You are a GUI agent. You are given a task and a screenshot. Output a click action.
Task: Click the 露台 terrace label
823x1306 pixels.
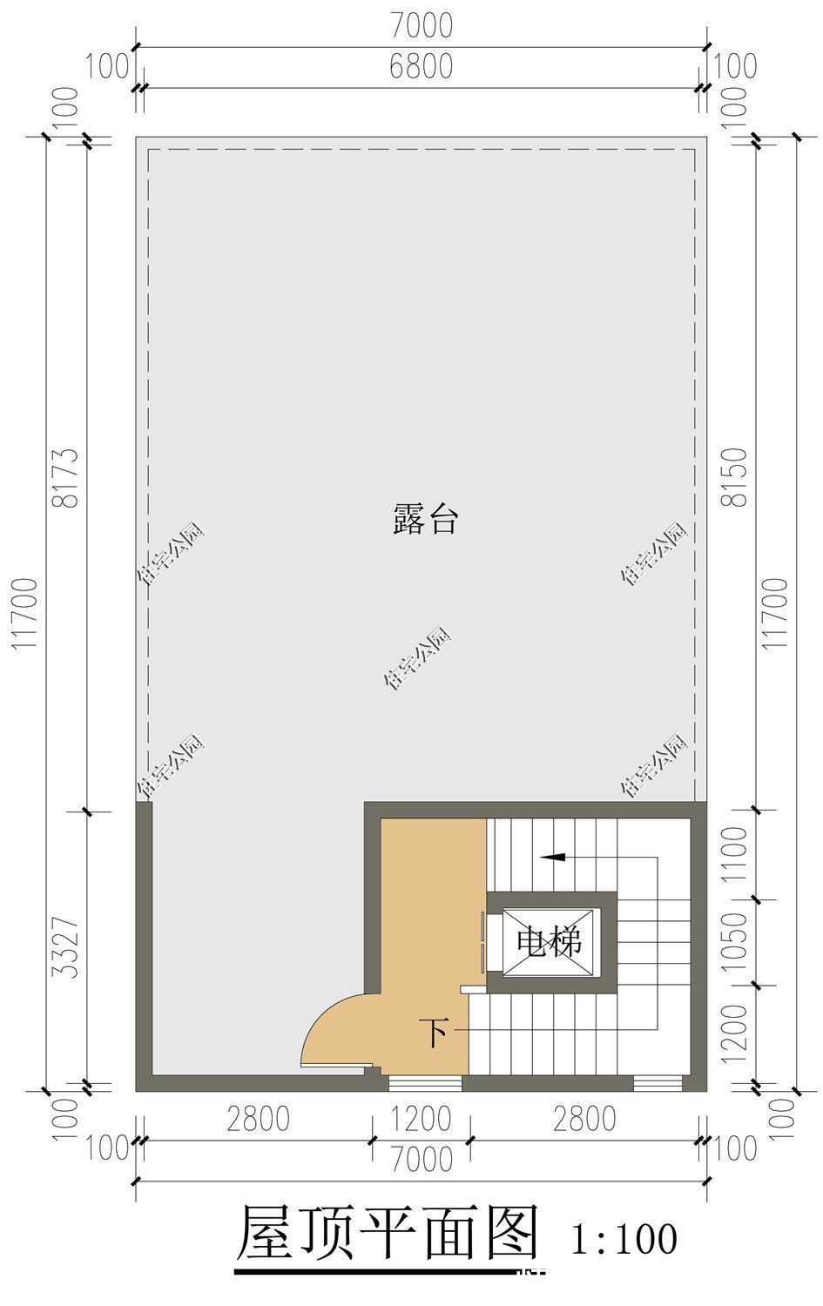click(x=424, y=521)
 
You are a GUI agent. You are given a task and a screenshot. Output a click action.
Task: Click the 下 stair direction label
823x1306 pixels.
click(x=435, y=1033)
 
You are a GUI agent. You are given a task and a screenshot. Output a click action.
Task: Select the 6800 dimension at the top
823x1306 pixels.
click(x=421, y=67)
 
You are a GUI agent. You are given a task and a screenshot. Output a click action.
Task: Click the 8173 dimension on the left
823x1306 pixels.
click(x=66, y=477)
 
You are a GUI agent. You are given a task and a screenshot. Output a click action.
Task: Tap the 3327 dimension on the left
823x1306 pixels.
click(x=66, y=947)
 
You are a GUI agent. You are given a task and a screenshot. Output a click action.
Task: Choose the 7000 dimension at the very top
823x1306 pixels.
click(x=421, y=26)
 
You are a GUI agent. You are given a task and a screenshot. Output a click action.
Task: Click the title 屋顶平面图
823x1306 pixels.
click(x=388, y=1233)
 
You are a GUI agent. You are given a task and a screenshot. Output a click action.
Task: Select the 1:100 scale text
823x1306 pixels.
click(x=624, y=1238)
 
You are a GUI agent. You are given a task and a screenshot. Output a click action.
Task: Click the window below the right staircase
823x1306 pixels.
click(x=658, y=1083)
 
